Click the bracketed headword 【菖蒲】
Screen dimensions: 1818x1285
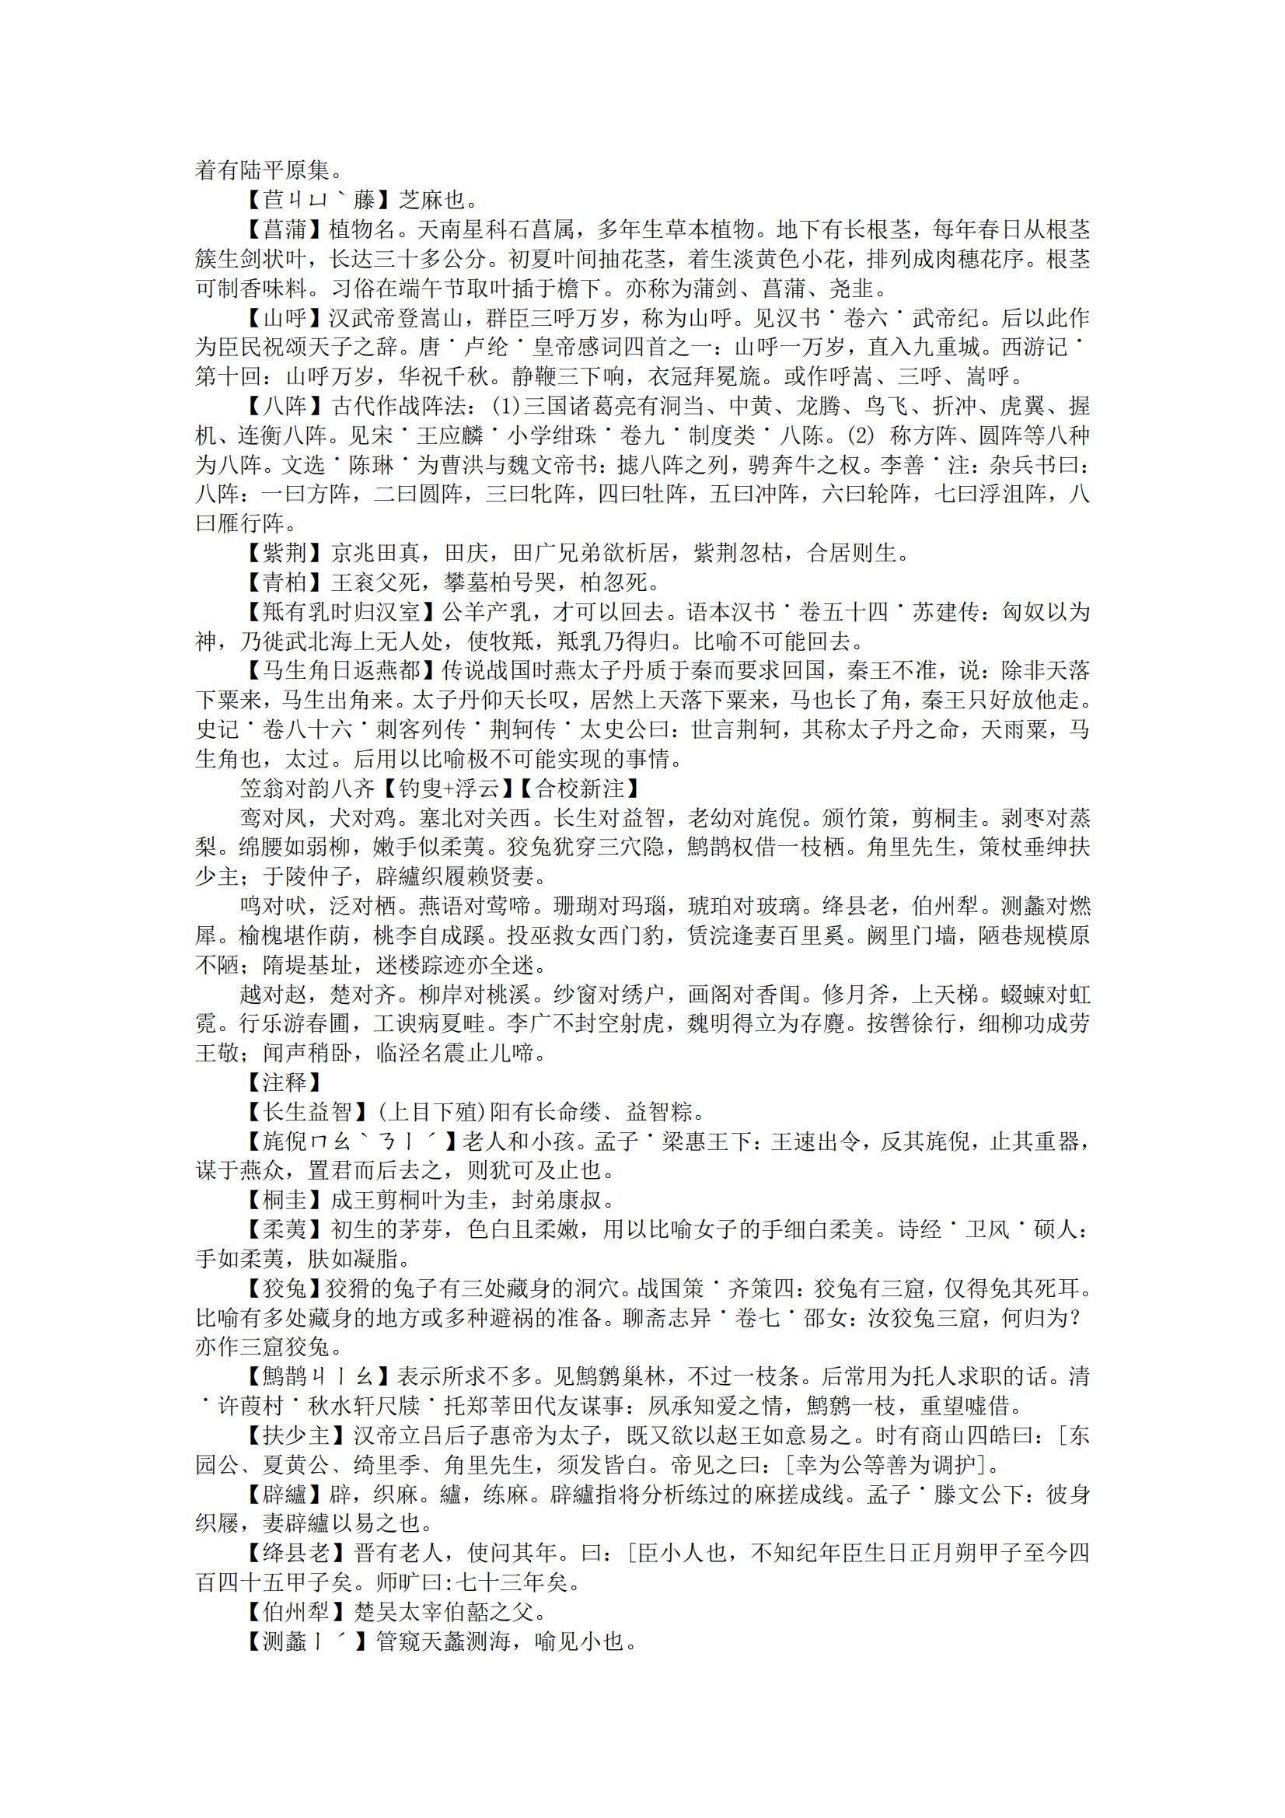[x=285, y=229]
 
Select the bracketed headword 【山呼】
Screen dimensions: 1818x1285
[x=285, y=318]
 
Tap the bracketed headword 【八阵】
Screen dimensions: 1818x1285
[x=285, y=406]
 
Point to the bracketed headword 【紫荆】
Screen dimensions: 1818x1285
[x=285, y=553]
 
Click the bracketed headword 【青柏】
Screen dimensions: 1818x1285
[x=285, y=582]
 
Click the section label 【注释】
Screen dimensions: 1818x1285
[x=285, y=1082]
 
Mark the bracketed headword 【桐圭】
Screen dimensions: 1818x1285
[x=285, y=1200]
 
